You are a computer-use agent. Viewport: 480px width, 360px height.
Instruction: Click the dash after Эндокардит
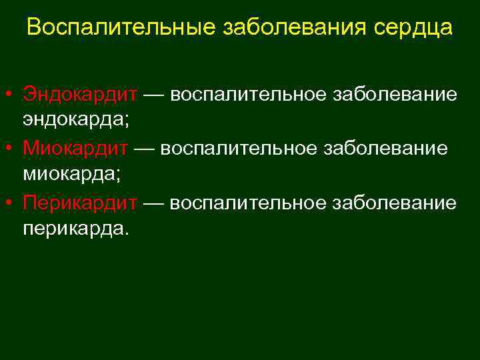pos(154,95)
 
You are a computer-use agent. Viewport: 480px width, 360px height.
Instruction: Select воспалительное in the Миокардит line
pos(239,148)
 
